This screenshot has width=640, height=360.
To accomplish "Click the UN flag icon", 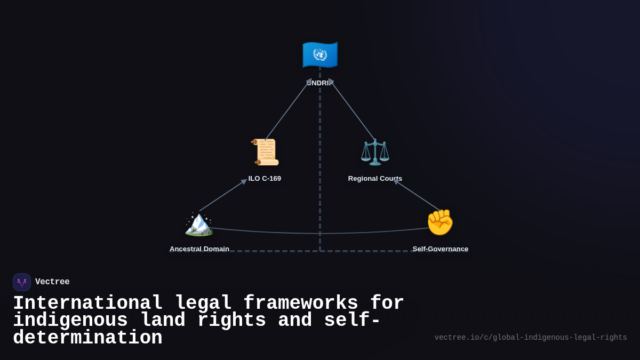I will [x=320, y=54].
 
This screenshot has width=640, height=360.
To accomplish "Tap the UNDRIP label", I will [x=320, y=83].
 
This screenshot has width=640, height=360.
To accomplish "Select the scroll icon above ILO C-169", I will [x=265, y=152].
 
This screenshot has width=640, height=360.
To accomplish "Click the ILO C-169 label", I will [x=265, y=178].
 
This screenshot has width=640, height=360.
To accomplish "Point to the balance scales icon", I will [x=375, y=152].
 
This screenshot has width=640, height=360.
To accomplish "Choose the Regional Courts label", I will [x=375, y=178].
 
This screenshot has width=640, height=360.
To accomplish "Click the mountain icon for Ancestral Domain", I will [x=199, y=223].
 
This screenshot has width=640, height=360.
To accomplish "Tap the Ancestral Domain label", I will [x=199, y=249].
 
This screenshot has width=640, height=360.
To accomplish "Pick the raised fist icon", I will [x=440, y=222].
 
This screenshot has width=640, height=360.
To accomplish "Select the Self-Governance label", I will [x=441, y=249].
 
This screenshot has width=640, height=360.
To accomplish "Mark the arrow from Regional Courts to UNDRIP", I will [x=353, y=111].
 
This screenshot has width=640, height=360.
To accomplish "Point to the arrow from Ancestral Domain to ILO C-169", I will [x=223, y=195].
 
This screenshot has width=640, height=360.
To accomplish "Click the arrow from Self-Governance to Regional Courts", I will [x=418, y=196].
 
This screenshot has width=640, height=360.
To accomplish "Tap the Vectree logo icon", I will [x=22, y=282].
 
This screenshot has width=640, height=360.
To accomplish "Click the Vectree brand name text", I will [x=52, y=282].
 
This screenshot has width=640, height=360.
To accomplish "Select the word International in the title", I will [x=87, y=303].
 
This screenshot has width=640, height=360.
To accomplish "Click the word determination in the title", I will [x=87, y=338].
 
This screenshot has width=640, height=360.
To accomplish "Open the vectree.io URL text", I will [x=531, y=338].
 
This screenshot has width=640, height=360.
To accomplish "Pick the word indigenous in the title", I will [x=70, y=321].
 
